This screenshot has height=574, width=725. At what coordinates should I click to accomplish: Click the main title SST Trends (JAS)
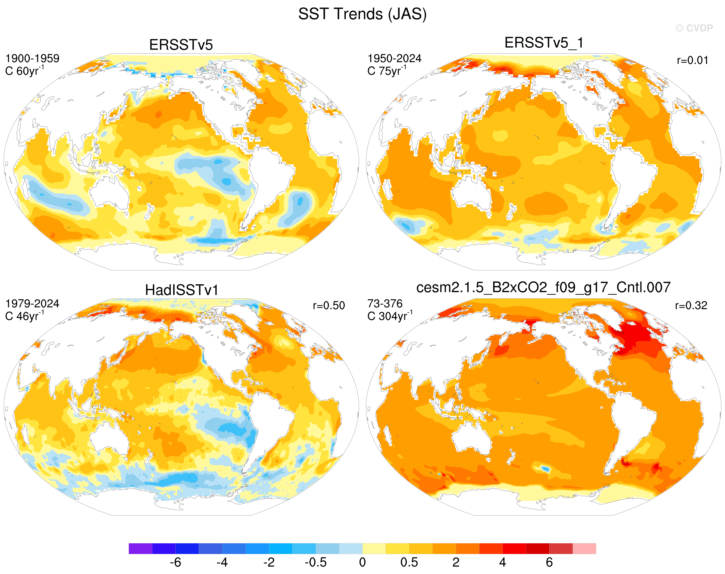[x=362, y=14]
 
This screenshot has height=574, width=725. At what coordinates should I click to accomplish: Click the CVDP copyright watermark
[x=694, y=28]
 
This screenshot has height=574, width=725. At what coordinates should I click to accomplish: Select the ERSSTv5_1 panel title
[x=544, y=43]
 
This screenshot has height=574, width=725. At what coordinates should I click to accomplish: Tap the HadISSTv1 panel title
[x=182, y=290]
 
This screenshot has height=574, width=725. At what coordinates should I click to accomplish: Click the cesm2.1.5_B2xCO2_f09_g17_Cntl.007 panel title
[x=543, y=288]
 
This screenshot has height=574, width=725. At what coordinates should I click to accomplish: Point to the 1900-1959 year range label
[x=32, y=58]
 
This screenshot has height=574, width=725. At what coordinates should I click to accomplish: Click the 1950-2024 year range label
[x=394, y=58]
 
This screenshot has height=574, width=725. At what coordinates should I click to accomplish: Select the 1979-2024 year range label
[x=32, y=304]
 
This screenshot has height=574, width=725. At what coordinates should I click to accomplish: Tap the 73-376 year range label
[x=385, y=304]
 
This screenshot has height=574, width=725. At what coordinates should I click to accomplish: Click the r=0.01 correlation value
[x=693, y=61]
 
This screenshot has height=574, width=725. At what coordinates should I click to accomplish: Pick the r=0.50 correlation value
[x=329, y=306]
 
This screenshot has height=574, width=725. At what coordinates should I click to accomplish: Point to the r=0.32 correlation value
[x=691, y=306]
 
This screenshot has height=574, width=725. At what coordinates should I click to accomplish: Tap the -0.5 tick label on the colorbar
[x=315, y=562]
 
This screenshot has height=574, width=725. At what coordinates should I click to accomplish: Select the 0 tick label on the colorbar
[x=362, y=562]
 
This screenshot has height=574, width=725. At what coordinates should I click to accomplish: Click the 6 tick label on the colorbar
[x=549, y=562]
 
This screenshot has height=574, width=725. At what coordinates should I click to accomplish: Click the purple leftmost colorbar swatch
[x=141, y=548]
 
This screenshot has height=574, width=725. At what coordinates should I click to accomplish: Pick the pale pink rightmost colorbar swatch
[x=584, y=548]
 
